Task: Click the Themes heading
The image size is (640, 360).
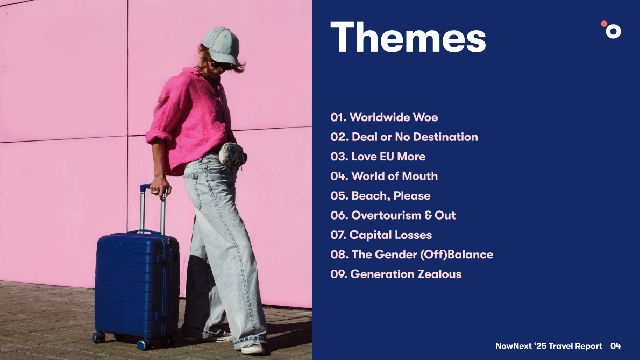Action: pos(408,37)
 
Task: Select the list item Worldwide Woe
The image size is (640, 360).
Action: pos(384,117)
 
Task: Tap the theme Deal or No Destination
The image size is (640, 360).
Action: pos(404,137)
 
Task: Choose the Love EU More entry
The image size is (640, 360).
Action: pos(378,157)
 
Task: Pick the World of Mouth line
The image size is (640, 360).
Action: pos(384,177)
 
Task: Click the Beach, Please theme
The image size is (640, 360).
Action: pos(380,196)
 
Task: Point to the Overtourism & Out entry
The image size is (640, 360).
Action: pos(393,215)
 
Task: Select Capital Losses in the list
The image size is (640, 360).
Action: pos(381,235)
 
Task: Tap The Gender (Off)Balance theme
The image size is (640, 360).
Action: pos(412,255)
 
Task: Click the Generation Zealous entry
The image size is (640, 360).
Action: pos(396,274)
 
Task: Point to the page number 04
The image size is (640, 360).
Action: pos(615,346)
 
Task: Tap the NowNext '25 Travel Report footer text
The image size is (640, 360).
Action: pos(549,346)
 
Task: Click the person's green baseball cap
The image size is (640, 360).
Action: pos(221,45)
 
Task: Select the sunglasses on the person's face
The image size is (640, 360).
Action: pos(221,65)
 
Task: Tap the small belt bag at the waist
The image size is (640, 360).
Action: pos(232,155)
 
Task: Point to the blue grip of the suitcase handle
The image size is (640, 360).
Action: pos(145,188)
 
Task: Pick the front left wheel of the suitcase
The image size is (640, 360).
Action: pos(98,337)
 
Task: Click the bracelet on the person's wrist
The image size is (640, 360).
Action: pos(159,178)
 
